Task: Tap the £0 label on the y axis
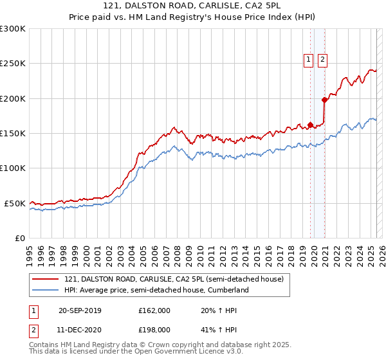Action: (19, 238)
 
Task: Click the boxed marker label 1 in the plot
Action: (308, 60)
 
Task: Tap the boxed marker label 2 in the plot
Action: (322, 60)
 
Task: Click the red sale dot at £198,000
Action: (324, 100)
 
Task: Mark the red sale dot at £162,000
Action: (310, 125)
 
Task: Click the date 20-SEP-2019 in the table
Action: (80, 310)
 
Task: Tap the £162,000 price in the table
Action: (154, 310)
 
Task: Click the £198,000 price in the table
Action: (154, 330)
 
